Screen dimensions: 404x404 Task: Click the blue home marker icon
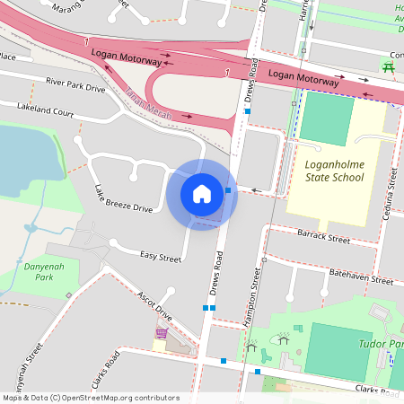[x=202, y=193]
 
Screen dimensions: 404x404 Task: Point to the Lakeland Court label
[x=45, y=110]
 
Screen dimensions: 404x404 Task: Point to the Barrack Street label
[x=322, y=239]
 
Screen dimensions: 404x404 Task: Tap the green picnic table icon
[x=389, y=66]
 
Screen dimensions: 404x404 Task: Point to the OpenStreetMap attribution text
[x=92, y=398]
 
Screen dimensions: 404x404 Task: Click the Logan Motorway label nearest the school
[x=303, y=78]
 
